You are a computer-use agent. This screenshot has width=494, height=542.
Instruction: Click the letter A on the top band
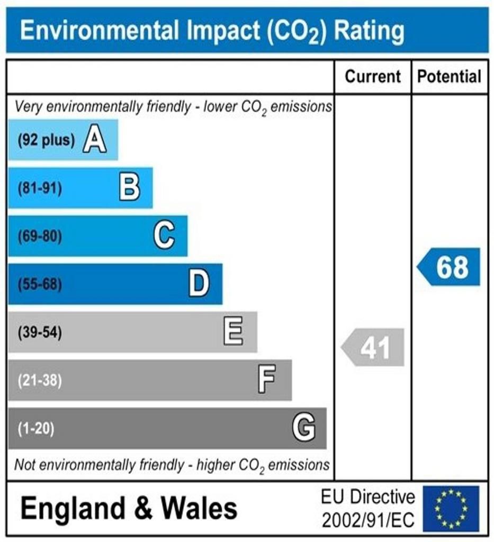pyautogui.click(x=95, y=141)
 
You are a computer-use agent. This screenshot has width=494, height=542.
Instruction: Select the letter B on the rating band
pyautogui.click(x=130, y=188)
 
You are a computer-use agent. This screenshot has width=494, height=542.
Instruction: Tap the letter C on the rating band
pyautogui.click(x=164, y=236)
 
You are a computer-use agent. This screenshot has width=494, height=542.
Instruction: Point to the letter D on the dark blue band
pyautogui.click(x=199, y=284)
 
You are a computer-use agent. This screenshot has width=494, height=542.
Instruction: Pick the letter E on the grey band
pyautogui.click(x=233, y=332)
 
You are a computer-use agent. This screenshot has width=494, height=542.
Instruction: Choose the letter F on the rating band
pyautogui.click(x=267, y=380)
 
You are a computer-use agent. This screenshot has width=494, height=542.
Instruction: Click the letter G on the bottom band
pyautogui.click(x=304, y=428)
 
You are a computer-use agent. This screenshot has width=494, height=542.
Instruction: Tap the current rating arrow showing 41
pyautogui.click(x=373, y=348)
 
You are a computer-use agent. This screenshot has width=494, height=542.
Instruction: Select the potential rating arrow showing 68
pyautogui.click(x=450, y=267)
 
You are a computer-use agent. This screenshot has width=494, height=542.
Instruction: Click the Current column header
pyautogui.click(x=373, y=77)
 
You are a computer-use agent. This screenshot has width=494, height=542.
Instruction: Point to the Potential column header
pyautogui.click(x=450, y=77)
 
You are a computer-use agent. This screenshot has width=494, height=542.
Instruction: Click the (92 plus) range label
pyautogui.click(x=46, y=141)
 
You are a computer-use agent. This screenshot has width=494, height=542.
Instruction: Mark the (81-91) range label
pyautogui.click(x=40, y=188)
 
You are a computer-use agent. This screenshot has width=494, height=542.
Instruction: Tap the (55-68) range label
pyautogui.click(x=40, y=285)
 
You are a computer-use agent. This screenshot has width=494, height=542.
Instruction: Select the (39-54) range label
pyautogui.click(x=40, y=332)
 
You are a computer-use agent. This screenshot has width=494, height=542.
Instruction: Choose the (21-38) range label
pyautogui.click(x=40, y=381)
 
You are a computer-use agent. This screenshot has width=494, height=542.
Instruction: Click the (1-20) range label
pyautogui.click(x=36, y=428)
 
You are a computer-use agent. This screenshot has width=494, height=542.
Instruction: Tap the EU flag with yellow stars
pyautogui.click(x=451, y=509)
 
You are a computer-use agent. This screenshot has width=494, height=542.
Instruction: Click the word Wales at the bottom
pyautogui.click(x=199, y=509)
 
